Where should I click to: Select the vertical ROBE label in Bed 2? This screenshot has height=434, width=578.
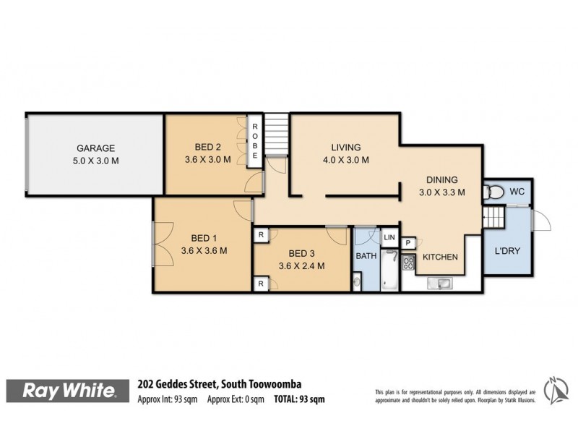point(255,140)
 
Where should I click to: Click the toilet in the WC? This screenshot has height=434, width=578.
point(495,192)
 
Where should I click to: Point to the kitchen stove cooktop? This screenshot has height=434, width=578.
point(408,263)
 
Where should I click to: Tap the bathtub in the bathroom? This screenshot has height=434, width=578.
point(390,271)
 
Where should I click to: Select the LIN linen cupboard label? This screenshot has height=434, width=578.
point(389,237)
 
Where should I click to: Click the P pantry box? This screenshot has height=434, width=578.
point(407,244)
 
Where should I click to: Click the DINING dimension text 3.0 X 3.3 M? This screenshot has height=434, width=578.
point(441,192)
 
